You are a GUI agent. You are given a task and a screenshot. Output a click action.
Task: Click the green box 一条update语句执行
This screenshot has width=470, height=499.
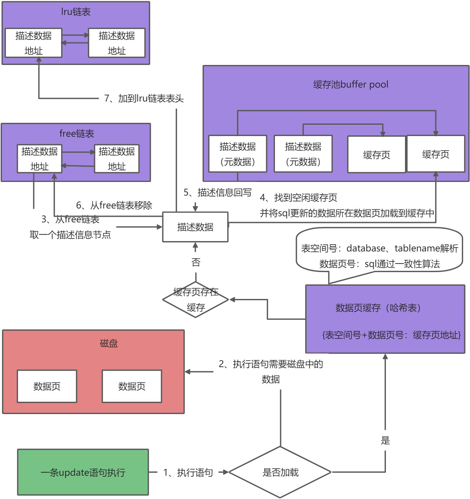[83, 472]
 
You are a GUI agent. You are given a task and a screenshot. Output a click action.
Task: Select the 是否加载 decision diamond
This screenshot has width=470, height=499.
[280, 472]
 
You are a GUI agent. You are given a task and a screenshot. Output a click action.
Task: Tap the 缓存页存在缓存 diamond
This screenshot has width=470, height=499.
[196, 300]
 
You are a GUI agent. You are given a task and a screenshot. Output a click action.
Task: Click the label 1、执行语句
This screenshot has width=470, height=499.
[188, 472]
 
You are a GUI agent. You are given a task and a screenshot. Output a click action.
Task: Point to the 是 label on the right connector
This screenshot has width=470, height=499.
[385, 440]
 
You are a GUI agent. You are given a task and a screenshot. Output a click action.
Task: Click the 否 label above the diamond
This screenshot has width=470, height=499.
[196, 262]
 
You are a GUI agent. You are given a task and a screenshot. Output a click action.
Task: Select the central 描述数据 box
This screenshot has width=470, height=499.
[195, 227]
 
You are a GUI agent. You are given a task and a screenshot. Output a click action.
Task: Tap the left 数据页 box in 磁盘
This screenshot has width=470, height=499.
[47, 386]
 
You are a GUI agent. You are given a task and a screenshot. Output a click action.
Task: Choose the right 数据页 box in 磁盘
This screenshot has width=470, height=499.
[132, 386]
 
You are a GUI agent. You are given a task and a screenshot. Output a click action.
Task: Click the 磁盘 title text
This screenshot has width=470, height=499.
[109, 343]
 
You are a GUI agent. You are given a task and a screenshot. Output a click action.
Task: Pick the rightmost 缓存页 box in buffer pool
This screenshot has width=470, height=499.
[436, 154]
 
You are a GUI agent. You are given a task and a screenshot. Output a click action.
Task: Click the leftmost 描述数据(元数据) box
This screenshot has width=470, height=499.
[238, 154]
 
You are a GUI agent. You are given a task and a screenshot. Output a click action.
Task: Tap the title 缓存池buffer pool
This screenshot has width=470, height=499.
[351, 85]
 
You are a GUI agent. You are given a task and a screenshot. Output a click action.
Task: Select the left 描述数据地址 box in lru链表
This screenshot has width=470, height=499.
[34, 43]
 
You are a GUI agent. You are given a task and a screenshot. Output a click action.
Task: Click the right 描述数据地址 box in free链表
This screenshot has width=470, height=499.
[117, 159]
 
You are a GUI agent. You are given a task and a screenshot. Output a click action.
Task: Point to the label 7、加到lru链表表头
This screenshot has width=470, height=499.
[144, 98]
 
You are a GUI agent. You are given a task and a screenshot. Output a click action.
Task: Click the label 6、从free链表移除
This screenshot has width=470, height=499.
[114, 205]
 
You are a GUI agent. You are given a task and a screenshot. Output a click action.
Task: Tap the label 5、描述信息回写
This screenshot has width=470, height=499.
[217, 193]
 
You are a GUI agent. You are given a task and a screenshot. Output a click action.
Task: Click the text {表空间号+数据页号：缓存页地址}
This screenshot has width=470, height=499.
[391, 335]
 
